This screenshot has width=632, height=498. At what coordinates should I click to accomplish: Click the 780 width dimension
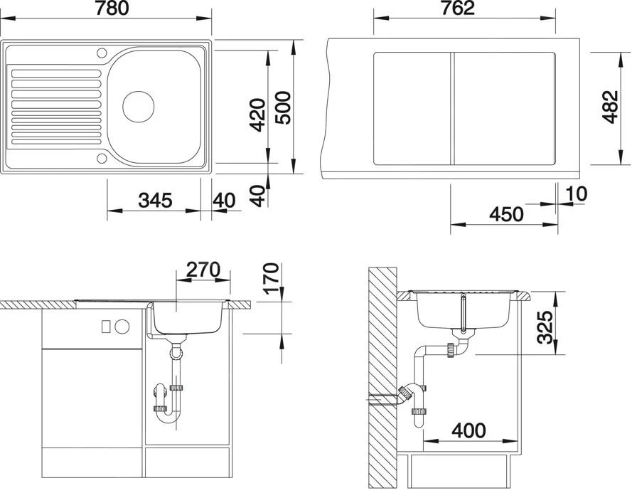click(x=112, y=8)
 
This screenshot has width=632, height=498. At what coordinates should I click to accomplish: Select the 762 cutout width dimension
click(x=458, y=8)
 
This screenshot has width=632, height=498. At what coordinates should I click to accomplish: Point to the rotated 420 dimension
click(x=258, y=115)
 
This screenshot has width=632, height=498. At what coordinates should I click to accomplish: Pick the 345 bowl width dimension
click(x=155, y=200)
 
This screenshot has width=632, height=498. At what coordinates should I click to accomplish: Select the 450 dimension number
click(x=506, y=214)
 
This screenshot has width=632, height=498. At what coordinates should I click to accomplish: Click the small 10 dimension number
click(x=577, y=194)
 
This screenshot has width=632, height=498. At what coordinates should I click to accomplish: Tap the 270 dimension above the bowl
click(x=203, y=270)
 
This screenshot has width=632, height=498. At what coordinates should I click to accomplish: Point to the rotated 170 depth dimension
click(x=270, y=279)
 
